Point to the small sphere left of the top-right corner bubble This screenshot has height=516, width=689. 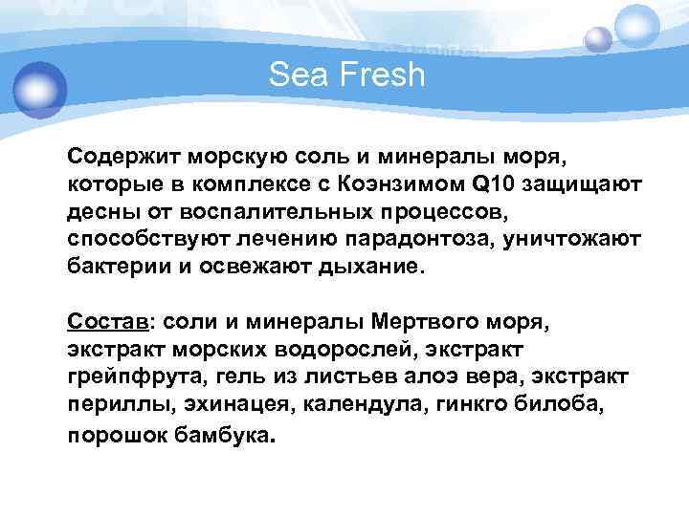click(x=598, y=39)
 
